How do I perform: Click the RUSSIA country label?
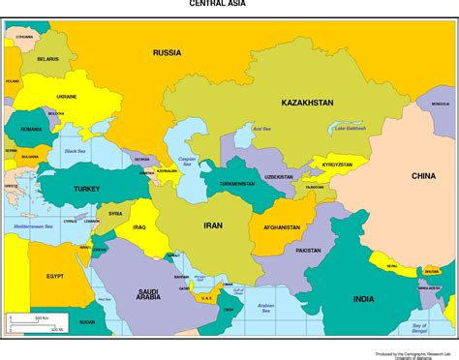pyautogui.click(x=167, y=52)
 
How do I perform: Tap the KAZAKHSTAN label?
pyautogui.click(x=307, y=103)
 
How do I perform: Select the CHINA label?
pyautogui.click(x=423, y=176)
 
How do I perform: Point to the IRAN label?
pyautogui.click(x=212, y=225)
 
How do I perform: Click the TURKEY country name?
pyautogui.click(x=73, y=188)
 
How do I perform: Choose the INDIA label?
pyautogui.click(x=363, y=299)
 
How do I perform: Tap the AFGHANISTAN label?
pyautogui.click(x=276, y=228)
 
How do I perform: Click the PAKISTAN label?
pyautogui.click(x=308, y=251)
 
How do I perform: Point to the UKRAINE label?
pyautogui.click(x=67, y=97)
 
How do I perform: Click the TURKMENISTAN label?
pyautogui.click(x=235, y=183)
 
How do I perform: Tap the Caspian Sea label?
pyautogui.click(x=188, y=161)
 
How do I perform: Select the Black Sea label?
pyautogui.click(x=75, y=151)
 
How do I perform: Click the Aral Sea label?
pyautogui.click(x=261, y=128)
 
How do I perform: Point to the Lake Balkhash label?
pyautogui.click(x=348, y=129)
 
